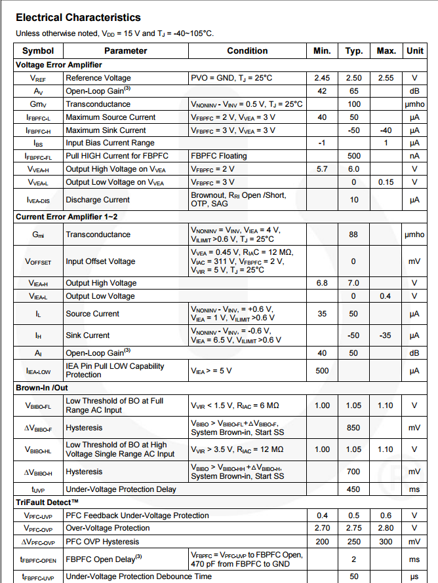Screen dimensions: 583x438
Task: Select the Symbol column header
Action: pyautogui.click(x=38, y=50)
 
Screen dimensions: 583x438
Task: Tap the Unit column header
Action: pyautogui.click(x=414, y=50)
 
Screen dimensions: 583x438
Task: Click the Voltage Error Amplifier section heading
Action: pyautogui.click(x=58, y=65)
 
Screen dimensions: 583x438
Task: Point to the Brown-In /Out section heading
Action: pyautogui.click(x=42, y=387)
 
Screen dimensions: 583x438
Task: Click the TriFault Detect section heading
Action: pyautogui.click(x=52, y=502)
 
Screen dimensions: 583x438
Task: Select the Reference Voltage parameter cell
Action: pyautogui.click(x=98, y=78)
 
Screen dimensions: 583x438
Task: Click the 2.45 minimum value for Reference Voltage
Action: pyautogui.click(x=322, y=78)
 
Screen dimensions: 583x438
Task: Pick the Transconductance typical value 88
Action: pyautogui.click(x=354, y=235)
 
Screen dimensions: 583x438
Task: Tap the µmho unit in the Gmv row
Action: pyautogui.click(x=414, y=104)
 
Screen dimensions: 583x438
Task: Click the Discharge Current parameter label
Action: pyautogui.click(x=98, y=200)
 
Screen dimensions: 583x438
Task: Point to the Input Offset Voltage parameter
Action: pyautogui.click(x=100, y=261)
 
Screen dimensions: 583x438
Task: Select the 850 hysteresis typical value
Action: pyautogui.click(x=354, y=428)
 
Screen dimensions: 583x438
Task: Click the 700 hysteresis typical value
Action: pyautogui.click(x=354, y=472)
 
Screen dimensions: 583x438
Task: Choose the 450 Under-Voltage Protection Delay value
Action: pyautogui.click(x=354, y=489)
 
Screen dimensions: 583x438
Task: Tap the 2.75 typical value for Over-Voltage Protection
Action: pyautogui.click(x=354, y=528)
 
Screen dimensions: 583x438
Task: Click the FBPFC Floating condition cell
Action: pyautogui.click(x=219, y=156)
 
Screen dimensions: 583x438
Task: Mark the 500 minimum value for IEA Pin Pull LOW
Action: pyautogui.click(x=322, y=371)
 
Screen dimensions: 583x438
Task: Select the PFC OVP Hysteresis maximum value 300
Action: pyautogui.click(x=386, y=542)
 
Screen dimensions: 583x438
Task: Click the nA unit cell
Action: pyautogui.click(x=414, y=156)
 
